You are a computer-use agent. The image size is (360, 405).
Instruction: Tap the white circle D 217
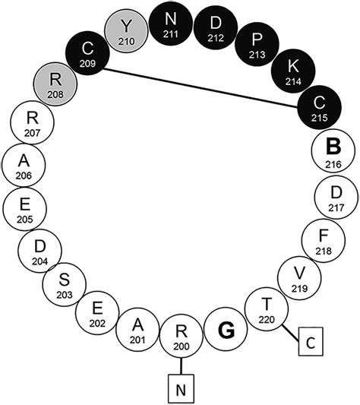point(336,198)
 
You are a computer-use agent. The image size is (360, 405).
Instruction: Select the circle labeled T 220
point(266,310)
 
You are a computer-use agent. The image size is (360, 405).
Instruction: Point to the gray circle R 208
point(55,85)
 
